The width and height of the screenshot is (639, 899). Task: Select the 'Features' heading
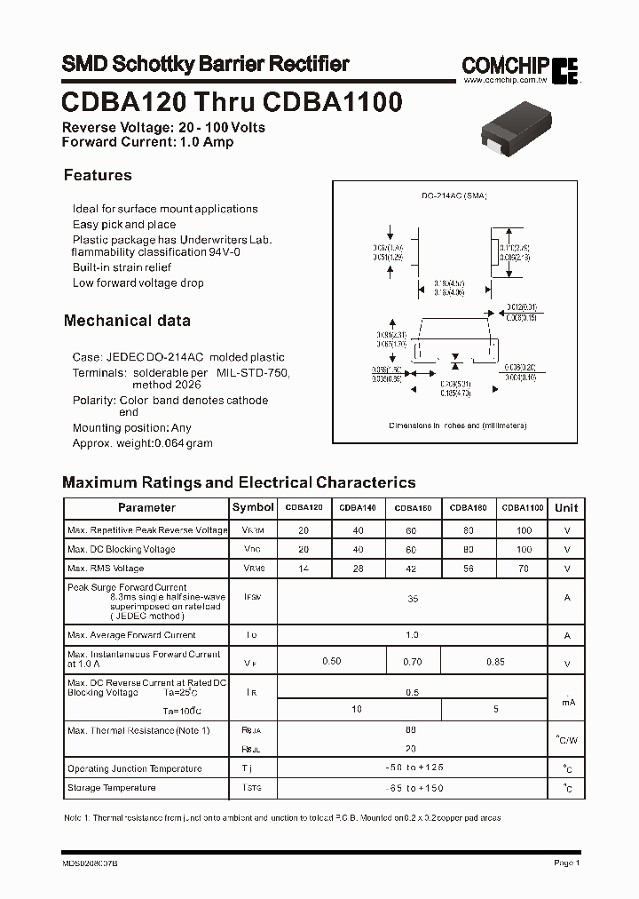tap(98, 175)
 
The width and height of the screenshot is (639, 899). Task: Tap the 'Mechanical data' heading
tap(127, 321)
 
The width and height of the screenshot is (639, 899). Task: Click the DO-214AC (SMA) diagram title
tap(454, 195)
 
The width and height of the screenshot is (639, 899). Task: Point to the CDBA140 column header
tap(359, 508)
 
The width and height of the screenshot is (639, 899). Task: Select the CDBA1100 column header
tap(522, 508)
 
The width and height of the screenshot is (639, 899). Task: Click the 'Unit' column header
tap(566, 508)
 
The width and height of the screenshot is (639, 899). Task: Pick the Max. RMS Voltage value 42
tap(412, 569)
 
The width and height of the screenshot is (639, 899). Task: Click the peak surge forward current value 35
tap(412, 600)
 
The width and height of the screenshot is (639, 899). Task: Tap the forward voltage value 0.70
tap(412, 662)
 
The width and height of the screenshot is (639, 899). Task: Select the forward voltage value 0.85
tap(495, 662)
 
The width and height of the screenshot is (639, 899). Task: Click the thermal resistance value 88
tap(412, 729)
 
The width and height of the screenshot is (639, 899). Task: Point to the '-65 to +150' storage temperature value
tap(412, 788)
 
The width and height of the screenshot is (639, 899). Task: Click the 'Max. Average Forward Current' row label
tap(131, 635)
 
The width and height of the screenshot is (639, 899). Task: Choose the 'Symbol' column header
tap(253, 507)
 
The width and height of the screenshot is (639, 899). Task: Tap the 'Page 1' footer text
tap(566, 863)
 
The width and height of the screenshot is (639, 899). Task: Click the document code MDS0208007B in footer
tap(91, 863)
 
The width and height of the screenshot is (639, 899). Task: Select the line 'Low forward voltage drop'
tap(138, 283)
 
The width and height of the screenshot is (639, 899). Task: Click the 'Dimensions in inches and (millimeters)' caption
tap(458, 426)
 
